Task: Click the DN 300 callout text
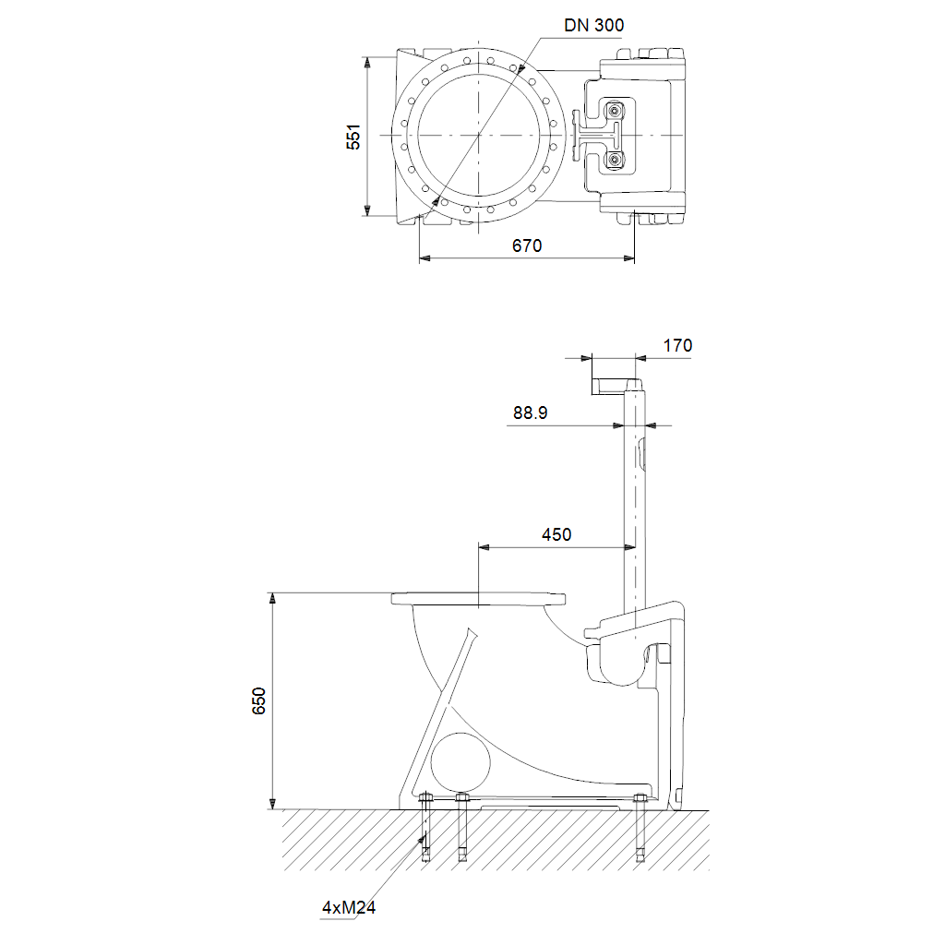point(593,25)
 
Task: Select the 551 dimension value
point(353,137)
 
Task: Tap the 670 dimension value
point(527,245)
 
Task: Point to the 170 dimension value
point(677,345)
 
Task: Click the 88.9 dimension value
point(531,413)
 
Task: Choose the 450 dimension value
point(556,534)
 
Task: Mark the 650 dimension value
point(258,701)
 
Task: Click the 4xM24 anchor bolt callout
point(348,907)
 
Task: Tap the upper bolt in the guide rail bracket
point(614,111)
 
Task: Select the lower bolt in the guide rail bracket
point(614,159)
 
